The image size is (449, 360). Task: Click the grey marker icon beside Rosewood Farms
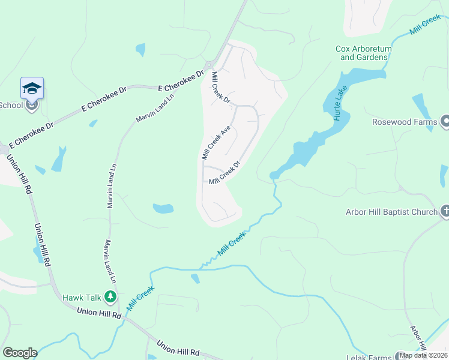pos(445,122)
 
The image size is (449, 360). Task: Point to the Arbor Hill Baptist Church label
pos(391,212)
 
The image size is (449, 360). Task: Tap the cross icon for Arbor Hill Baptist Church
pos(445,211)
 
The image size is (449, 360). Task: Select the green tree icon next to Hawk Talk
pos(110,296)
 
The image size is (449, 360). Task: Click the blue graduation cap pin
pos(32,88)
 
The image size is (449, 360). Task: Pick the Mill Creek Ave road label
pos(216,142)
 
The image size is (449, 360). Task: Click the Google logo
pos(19,353)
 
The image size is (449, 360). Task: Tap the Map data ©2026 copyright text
pos(423,355)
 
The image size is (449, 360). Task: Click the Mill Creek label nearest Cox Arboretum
pos(424,26)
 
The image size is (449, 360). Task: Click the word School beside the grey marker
pos(11,105)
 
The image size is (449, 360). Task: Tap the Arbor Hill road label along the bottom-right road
pos(418,339)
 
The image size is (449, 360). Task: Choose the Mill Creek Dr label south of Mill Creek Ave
pos(224,173)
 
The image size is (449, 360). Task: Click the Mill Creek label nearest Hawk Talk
pos(140,298)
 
